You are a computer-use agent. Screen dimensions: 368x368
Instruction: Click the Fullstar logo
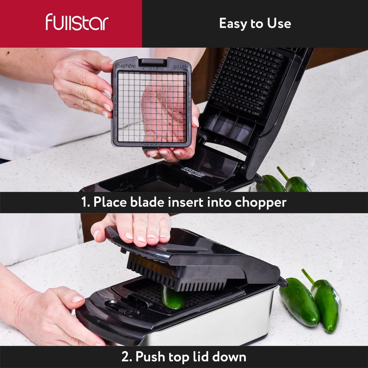coord(77,22)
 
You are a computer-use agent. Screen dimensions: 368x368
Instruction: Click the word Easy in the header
coord(233,24)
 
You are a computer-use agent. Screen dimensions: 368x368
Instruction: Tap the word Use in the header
coord(279,24)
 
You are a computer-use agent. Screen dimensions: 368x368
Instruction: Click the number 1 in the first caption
coord(85,202)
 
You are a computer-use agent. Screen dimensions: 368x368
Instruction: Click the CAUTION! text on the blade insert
coord(127,66)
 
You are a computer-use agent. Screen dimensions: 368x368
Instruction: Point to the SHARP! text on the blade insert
coord(181,67)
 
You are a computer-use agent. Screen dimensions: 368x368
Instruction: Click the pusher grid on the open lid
coord(248,79)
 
